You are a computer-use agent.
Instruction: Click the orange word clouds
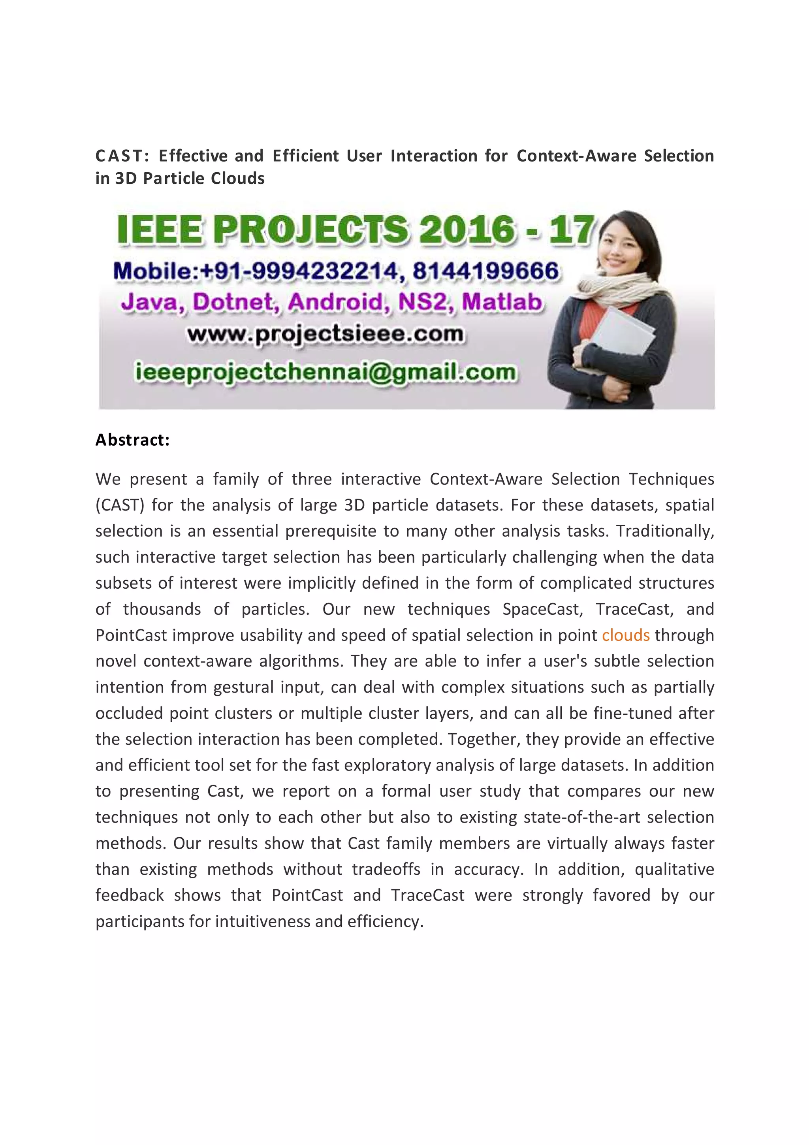(626, 635)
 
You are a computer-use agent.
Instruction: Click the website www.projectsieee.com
(325, 335)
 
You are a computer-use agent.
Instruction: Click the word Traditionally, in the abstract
(665, 531)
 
